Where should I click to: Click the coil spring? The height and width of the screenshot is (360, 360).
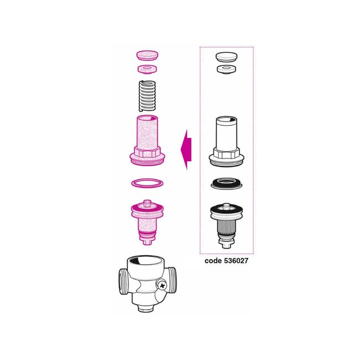pos(147,96)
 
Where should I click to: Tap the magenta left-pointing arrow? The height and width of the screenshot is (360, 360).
pos(186,150)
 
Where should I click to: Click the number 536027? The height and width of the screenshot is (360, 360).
pos(236,261)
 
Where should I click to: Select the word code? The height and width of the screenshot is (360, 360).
pos(213,261)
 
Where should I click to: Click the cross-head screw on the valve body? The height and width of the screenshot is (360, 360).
pos(162,286)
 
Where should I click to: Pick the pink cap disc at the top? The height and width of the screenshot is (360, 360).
pos(147,55)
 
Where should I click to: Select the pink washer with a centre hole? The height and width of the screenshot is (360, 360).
pos(147,69)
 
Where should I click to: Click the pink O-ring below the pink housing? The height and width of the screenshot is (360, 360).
pos(147,183)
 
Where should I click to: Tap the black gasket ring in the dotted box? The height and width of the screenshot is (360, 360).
pos(227,183)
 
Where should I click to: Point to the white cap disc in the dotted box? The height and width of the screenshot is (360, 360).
pos(227,57)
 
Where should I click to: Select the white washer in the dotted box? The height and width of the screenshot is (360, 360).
pos(227,69)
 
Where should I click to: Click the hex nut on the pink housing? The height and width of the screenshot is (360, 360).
pos(147,152)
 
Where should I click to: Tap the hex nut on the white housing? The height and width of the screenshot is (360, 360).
pos(227,153)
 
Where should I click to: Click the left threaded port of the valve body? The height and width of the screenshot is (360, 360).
pos(124,281)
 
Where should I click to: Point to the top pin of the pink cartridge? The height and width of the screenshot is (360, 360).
pos(147,203)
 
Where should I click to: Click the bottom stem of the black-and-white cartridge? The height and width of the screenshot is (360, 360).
pos(226,244)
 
